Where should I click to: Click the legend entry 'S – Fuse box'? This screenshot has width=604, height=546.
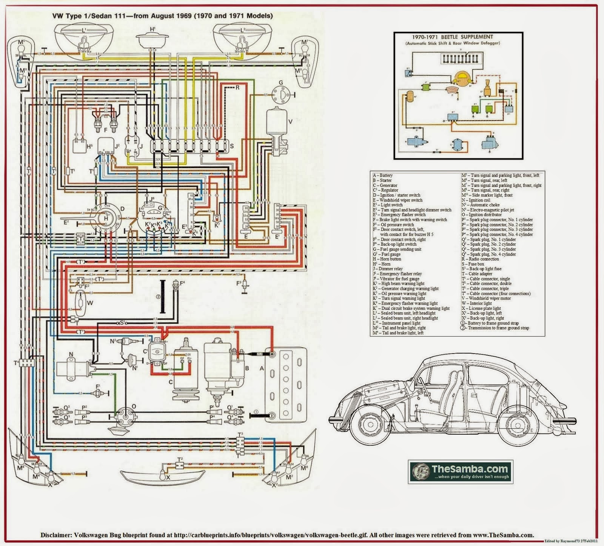point(473,264)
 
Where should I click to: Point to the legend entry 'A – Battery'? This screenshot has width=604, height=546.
point(383,175)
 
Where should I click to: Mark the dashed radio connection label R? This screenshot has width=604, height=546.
point(237,88)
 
